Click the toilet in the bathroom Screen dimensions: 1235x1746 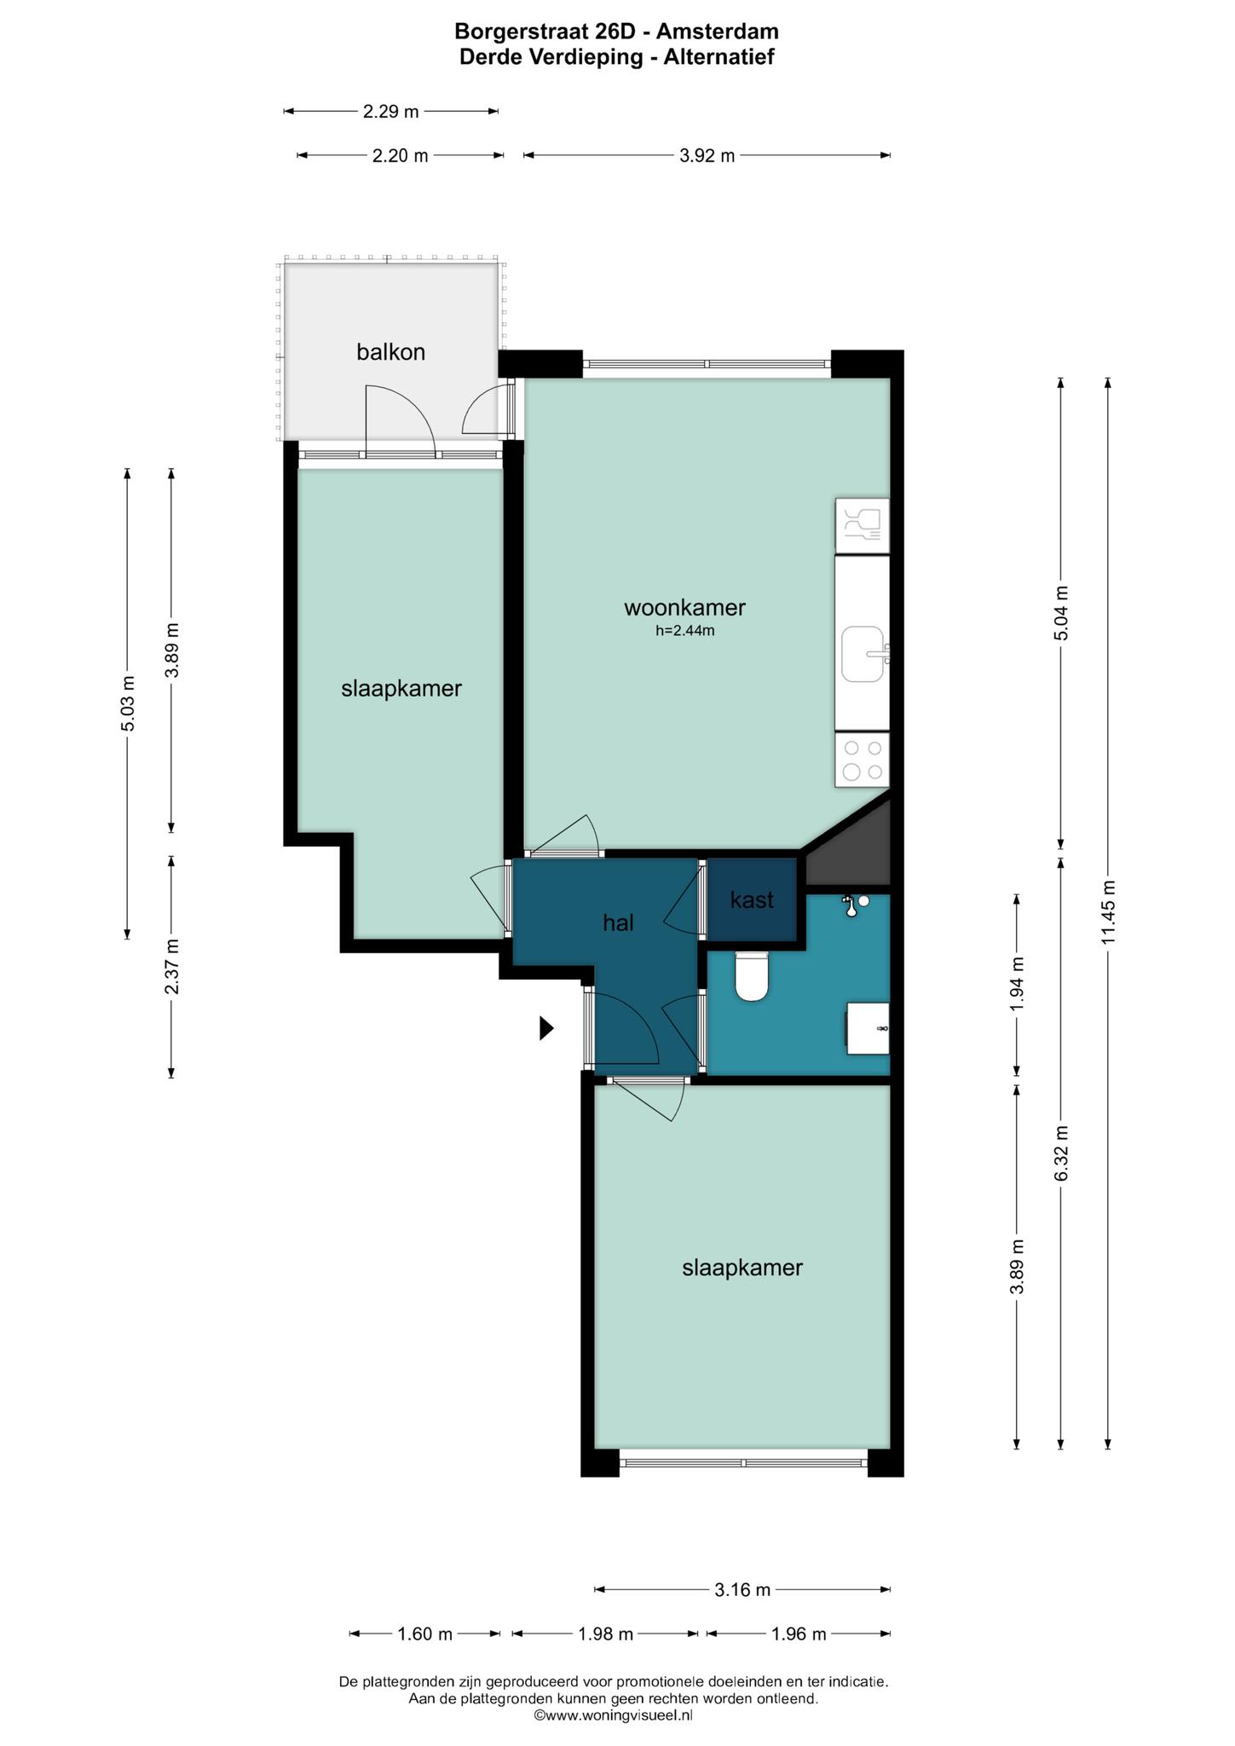[x=752, y=975]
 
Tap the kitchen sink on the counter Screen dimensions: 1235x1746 [x=863, y=654]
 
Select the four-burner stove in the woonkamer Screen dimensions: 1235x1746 [x=863, y=760]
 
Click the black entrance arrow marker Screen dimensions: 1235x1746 [x=546, y=1028]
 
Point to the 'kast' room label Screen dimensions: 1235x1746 [x=752, y=899]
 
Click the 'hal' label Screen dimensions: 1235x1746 [x=618, y=922]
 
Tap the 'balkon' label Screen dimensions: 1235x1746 [x=390, y=351]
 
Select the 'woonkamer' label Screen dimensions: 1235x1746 [x=684, y=607]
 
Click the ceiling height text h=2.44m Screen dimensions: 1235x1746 [x=684, y=631]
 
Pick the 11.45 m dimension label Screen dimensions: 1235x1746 [x=1108, y=911]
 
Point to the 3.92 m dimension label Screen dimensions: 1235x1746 [x=707, y=155]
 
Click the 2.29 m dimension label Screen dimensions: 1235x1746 [x=390, y=111]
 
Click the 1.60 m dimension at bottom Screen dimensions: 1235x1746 [x=425, y=1633]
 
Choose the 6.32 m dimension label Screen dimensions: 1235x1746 [x=1061, y=1153]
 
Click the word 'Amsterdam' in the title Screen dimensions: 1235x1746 [x=718, y=32]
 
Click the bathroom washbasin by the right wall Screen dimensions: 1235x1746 [x=868, y=1028]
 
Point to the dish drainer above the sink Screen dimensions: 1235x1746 [x=863, y=526]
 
